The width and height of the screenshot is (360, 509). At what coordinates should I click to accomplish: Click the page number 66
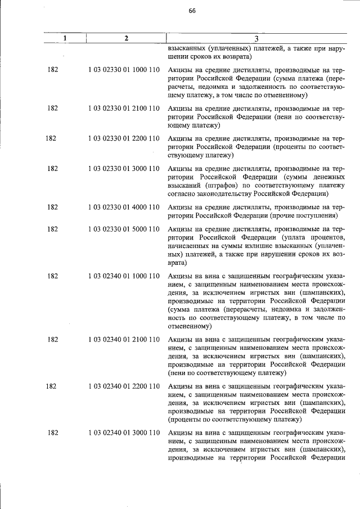(192, 11)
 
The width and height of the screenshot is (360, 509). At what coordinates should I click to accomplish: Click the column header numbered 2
(127, 38)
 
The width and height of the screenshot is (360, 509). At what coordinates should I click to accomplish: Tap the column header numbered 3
(256, 38)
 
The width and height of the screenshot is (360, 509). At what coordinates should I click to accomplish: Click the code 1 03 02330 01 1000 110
(124, 70)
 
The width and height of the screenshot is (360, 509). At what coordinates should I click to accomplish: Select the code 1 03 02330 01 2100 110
(124, 107)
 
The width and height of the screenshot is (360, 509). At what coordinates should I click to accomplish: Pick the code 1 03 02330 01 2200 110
(124, 138)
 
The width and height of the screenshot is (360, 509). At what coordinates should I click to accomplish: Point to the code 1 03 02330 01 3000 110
(124, 168)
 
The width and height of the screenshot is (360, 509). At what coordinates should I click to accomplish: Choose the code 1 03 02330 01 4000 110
(124, 207)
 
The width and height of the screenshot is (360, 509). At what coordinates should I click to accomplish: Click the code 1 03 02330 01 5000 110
(124, 229)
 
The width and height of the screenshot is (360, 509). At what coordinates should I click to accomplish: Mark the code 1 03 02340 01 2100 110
(124, 339)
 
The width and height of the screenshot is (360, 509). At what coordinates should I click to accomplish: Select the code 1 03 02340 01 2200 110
(124, 386)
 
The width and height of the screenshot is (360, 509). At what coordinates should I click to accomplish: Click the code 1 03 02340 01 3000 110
(124, 433)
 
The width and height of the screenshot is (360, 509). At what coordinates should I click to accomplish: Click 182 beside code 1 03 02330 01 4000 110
(53, 207)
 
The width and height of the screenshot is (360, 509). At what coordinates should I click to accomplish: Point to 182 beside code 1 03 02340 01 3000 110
(53, 433)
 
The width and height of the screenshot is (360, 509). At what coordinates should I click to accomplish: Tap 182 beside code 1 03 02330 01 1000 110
(53, 70)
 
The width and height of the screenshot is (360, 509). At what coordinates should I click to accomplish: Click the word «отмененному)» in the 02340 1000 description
(190, 326)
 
